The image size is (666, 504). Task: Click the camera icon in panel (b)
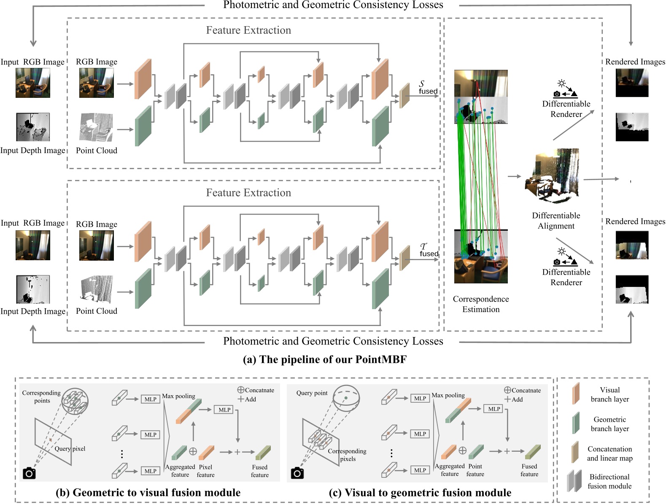coord(29,473)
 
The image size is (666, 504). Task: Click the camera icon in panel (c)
coord(297,473)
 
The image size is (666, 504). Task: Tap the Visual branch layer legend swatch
coord(575,393)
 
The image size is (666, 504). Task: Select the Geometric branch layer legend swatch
coord(575,423)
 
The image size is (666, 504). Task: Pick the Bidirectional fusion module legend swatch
coord(574,481)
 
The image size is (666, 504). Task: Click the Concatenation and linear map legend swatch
coord(574,453)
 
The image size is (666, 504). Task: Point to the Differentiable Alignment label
coord(556,221)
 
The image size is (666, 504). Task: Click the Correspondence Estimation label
coord(481,304)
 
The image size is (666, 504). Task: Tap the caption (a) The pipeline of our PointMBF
coord(325,359)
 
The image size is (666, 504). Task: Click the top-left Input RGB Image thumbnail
coord(33,83)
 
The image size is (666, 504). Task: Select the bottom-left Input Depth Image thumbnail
coord(33,289)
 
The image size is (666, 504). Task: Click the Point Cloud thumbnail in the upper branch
coord(97,127)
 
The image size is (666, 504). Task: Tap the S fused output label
coord(427,87)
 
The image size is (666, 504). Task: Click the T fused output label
coord(428,250)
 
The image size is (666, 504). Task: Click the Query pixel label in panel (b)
coord(70,449)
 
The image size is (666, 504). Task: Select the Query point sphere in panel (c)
coord(346,398)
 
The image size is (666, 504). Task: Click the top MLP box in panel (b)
coord(150,399)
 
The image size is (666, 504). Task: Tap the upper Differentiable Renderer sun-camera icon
coord(565,89)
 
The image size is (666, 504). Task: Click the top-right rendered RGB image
coord(632,83)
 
